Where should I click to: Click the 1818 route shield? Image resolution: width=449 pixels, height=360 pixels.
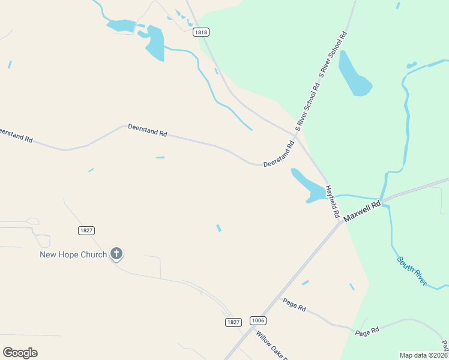tap(201, 32)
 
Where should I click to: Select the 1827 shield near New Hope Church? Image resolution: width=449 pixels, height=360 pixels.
tap(86, 230)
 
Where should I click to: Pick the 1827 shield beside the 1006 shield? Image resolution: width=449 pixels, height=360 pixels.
tap(234, 322)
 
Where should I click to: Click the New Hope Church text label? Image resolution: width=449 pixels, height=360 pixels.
tap(73, 254)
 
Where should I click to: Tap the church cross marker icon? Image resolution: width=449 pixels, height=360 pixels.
tap(117, 254)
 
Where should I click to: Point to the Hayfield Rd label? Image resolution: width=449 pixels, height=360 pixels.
tap(333, 201)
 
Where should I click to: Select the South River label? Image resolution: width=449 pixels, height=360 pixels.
tap(412, 271)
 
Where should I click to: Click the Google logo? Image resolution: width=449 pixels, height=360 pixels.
tap(20, 353)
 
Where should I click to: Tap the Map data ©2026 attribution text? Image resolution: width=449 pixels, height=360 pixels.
tap(423, 355)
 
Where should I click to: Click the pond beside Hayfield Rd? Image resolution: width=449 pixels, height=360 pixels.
tap(308, 185)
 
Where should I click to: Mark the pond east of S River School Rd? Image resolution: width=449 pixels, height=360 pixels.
tap(354, 75)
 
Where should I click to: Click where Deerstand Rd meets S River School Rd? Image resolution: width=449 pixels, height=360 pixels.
tap(297, 131)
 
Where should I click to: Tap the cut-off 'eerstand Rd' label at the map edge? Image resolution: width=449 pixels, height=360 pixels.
tap(16, 134)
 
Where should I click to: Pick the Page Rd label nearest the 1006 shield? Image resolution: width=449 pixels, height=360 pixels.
tap(294, 304)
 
